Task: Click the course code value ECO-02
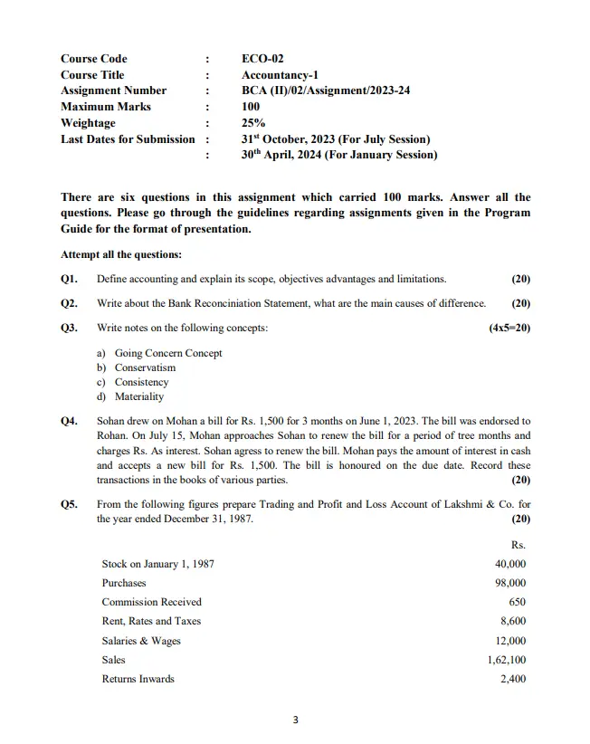pyautogui.click(x=262, y=59)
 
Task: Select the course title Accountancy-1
pyautogui.click(x=280, y=75)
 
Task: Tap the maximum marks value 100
pyautogui.click(x=251, y=107)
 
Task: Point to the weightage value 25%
pyautogui.click(x=252, y=123)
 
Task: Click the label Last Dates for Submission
pyautogui.click(x=128, y=138)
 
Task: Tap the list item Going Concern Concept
pyautogui.click(x=167, y=353)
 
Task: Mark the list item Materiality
pyautogui.click(x=139, y=396)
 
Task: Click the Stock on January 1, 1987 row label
pyautogui.click(x=157, y=563)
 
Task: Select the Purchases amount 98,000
pyautogui.click(x=510, y=583)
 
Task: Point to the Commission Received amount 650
pyautogui.click(x=517, y=602)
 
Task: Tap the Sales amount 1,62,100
pyautogui.click(x=507, y=660)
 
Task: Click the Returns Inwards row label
pyautogui.click(x=138, y=679)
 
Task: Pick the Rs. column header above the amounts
pyautogui.click(x=519, y=545)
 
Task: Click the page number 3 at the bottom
pyautogui.click(x=295, y=720)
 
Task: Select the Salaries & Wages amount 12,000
pyautogui.click(x=510, y=641)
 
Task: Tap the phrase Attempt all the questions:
pyautogui.click(x=121, y=254)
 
